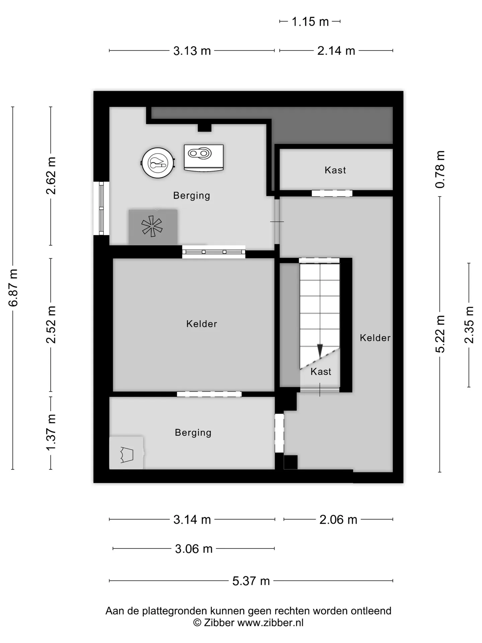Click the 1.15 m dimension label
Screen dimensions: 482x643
310,22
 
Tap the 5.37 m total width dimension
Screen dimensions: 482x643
251,581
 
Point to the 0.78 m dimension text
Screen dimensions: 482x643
440,169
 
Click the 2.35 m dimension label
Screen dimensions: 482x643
469,325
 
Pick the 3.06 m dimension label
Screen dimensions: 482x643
194,549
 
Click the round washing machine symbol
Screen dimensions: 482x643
158,163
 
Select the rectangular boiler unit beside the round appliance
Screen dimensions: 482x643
204,158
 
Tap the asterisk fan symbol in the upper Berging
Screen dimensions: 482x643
152,226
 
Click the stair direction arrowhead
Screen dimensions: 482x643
320,351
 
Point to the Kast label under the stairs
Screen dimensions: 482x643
321,371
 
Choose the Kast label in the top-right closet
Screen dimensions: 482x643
335,170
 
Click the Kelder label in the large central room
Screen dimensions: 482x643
202,324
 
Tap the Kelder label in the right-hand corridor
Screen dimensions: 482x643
375,338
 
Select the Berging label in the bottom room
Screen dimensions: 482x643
193,433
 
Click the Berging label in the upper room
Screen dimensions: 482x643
191,196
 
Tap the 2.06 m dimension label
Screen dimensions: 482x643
338,519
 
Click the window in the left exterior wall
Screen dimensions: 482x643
101,208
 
